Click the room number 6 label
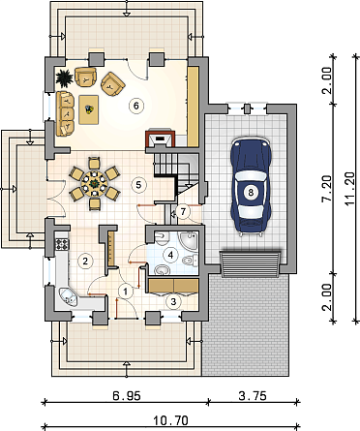tap(135, 106)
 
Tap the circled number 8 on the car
tap(251, 193)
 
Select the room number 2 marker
tap(85, 261)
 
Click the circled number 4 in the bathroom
tap(170, 255)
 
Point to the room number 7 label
tap(183, 212)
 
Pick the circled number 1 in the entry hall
tap(126, 292)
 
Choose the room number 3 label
tap(173, 301)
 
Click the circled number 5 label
tap(139, 185)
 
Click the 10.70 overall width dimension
tap(170, 421)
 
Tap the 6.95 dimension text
tap(127, 396)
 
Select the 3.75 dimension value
tap(253, 396)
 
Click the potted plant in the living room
tap(65, 78)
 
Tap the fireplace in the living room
tap(161, 138)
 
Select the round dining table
tap(94, 185)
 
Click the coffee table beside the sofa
tap(89, 109)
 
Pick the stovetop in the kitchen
tap(62, 244)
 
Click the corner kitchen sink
tap(68, 297)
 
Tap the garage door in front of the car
tap(251, 263)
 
